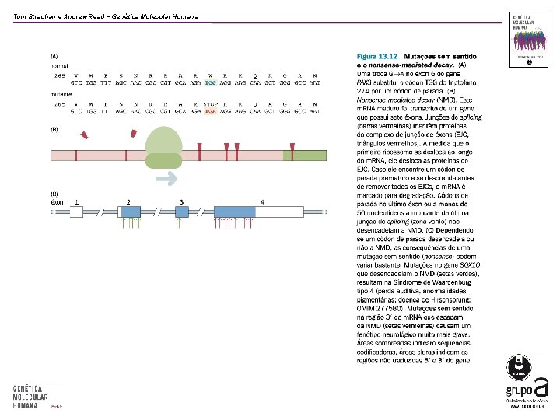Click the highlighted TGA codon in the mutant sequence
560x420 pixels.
[211, 111]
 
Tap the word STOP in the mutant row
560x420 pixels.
[210, 103]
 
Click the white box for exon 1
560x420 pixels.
[76, 211]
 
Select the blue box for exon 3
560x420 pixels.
[181, 211]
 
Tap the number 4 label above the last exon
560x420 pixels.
[262, 202]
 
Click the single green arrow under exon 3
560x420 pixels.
[180, 224]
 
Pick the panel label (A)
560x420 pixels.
[54, 56]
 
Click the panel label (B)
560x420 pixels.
[54, 129]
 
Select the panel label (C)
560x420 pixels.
[54, 193]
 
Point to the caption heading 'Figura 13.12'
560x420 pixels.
[376, 56]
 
